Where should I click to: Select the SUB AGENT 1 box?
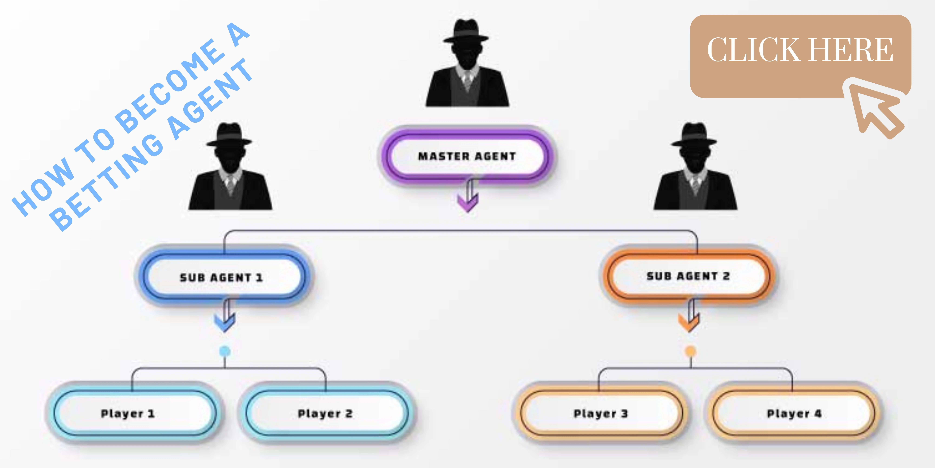221,277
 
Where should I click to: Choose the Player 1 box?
128,414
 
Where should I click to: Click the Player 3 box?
601,414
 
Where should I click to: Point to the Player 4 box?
794,414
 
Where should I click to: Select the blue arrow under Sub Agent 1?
225,318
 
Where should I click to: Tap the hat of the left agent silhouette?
229,134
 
